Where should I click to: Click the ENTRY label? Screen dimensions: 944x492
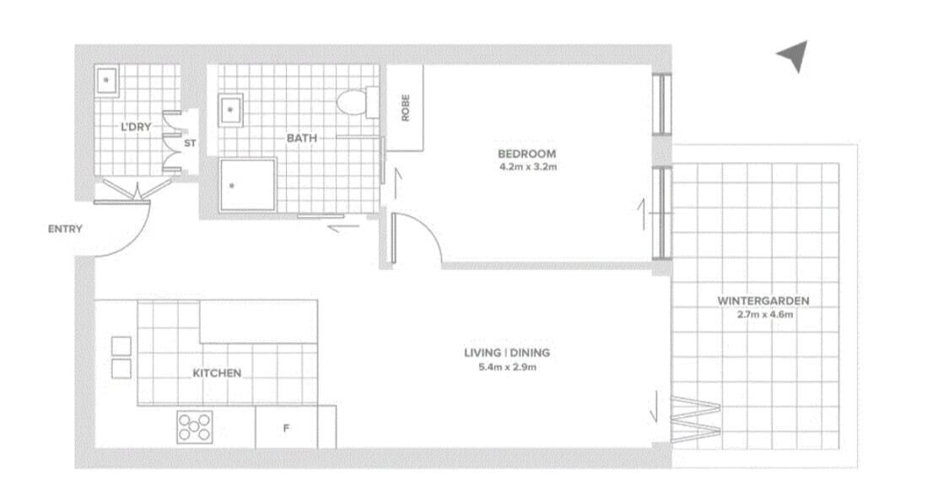[x=65, y=229]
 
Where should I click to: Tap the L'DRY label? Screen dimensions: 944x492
[x=136, y=127]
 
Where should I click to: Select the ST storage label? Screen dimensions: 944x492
[x=190, y=143]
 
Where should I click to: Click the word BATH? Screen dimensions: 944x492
[x=302, y=138]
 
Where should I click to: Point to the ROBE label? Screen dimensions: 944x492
[x=405, y=108]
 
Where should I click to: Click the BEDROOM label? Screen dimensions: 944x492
[x=526, y=154]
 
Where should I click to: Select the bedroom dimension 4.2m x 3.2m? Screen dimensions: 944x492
[x=528, y=167]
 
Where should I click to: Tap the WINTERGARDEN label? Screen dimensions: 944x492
[x=763, y=301]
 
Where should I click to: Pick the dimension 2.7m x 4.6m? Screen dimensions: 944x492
[x=764, y=314]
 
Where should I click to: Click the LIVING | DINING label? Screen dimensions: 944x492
[x=507, y=353]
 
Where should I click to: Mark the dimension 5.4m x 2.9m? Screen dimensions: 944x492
[x=508, y=367]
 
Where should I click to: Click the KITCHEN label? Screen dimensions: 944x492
[x=217, y=373]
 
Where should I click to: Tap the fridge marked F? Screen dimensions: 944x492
[x=287, y=427]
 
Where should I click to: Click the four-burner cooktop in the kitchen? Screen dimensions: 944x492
[x=195, y=427]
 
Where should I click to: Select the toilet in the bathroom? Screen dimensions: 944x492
[x=358, y=102]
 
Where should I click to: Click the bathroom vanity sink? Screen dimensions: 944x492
[x=230, y=110]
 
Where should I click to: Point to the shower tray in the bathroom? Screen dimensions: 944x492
[x=247, y=184]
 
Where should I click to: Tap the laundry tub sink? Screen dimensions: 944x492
[x=106, y=79]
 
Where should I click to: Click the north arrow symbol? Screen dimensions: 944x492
[x=794, y=56]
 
